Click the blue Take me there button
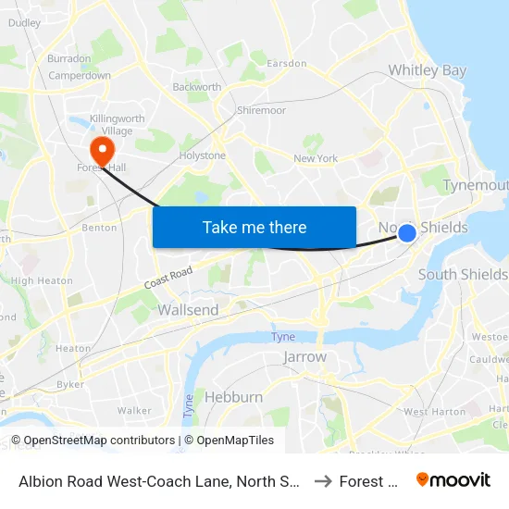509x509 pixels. pyautogui.click(x=254, y=227)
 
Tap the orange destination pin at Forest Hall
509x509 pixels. pyautogui.click(x=100, y=149)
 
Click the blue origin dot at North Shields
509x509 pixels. pyautogui.click(x=406, y=233)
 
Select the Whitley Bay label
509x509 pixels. pyautogui.click(x=428, y=70)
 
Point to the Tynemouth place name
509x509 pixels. pyautogui.click(x=476, y=185)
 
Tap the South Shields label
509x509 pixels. pyautogui.click(x=463, y=274)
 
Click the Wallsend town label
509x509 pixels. pyautogui.click(x=188, y=310)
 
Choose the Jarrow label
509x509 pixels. pyautogui.click(x=305, y=356)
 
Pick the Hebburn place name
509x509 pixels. pyautogui.click(x=232, y=397)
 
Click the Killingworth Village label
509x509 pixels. pyautogui.click(x=112, y=125)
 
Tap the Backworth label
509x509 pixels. pyautogui.click(x=197, y=87)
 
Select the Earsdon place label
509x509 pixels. pyautogui.click(x=286, y=63)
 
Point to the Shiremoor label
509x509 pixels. pyautogui.click(x=262, y=110)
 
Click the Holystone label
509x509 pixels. pyautogui.click(x=203, y=155)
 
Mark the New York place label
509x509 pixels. pyautogui.click(x=316, y=158)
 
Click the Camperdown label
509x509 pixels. pyautogui.click(x=80, y=75)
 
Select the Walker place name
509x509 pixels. pyautogui.click(x=134, y=410)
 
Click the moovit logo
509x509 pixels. pyautogui.click(x=453, y=479)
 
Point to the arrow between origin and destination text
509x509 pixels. pyautogui.click(x=323, y=480)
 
